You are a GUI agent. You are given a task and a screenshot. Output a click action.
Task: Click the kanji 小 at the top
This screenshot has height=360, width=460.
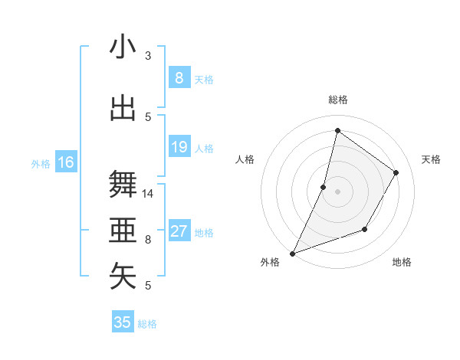coord(123,47)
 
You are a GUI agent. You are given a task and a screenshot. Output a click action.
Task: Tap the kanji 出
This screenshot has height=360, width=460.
coord(123,108)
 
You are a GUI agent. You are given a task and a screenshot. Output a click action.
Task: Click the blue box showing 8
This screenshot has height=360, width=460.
coord(179,77)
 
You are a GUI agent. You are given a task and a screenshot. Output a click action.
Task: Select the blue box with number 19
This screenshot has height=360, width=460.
coord(179,147)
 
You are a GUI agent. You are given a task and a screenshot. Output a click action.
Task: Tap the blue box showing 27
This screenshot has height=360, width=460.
coord(179,232)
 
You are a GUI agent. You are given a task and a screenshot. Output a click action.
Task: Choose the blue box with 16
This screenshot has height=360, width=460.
coord(66,162)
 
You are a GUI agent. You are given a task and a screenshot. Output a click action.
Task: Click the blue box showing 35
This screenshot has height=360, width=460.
coord(123,322)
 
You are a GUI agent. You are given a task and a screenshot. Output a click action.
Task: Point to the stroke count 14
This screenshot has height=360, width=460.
coord(148,194)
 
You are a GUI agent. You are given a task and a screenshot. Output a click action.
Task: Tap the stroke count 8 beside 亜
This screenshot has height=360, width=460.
coord(148,240)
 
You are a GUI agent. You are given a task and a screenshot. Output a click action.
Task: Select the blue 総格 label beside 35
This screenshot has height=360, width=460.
coord(148,324)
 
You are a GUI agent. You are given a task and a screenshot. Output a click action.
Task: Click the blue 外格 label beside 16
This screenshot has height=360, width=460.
coord(40,164)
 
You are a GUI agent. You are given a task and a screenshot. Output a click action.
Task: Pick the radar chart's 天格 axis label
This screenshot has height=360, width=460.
coord(431,159)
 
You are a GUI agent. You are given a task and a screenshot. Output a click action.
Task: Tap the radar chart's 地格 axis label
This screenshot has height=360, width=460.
coord(402,262)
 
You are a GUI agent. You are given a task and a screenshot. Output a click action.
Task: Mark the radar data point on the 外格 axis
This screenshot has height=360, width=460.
coord(292,253)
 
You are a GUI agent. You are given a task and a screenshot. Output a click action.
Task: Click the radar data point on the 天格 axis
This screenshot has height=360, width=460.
coord(396,172)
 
